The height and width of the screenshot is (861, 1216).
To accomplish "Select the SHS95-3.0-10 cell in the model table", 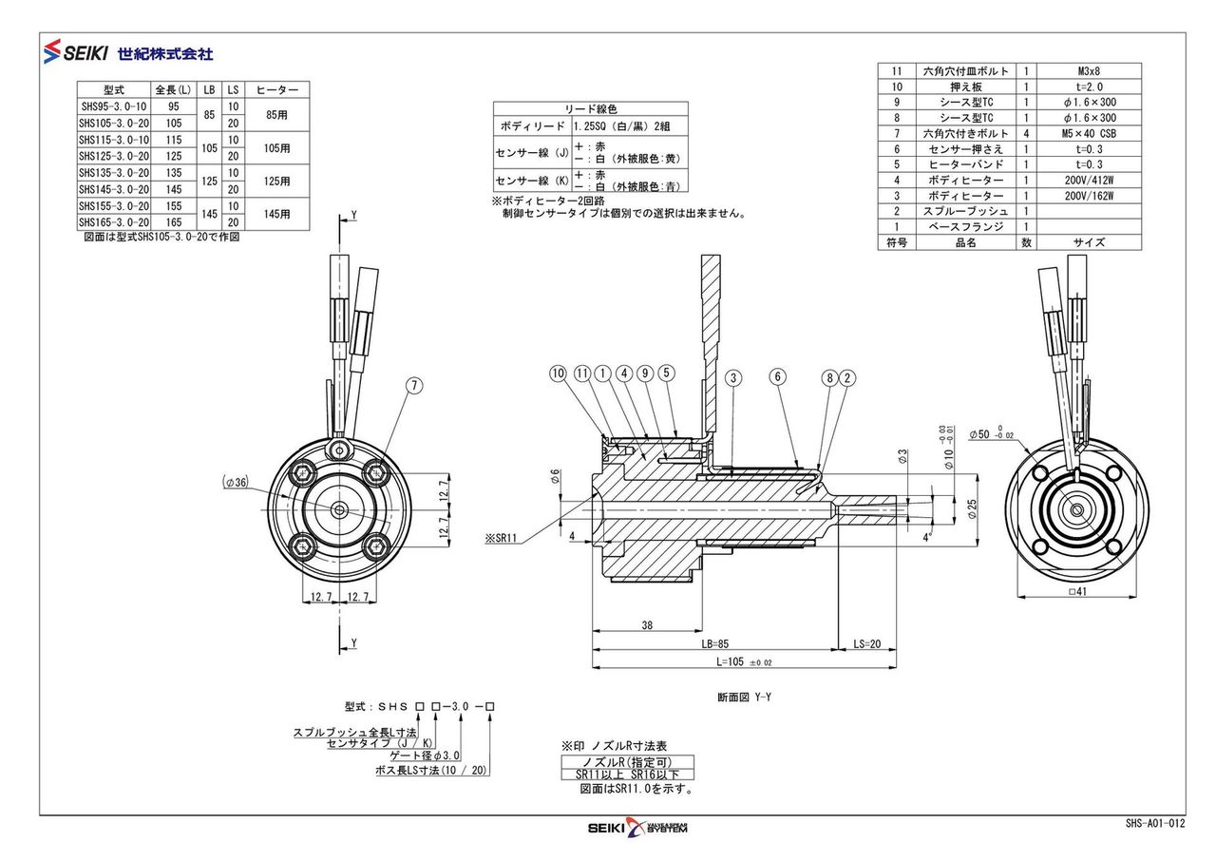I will (x=114, y=106).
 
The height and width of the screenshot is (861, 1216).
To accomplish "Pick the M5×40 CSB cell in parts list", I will (x=1090, y=133).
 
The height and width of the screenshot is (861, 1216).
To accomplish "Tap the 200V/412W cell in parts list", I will (x=1090, y=180).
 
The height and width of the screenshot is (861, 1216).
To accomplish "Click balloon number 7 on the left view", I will (x=414, y=385).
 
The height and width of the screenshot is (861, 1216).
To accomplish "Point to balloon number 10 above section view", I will (x=557, y=373).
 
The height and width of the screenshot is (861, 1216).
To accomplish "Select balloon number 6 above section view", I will (x=777, y=377).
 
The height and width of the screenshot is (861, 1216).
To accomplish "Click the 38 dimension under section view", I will (x=646, y=626).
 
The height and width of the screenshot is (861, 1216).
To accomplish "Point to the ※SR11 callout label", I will (x=500, y=538).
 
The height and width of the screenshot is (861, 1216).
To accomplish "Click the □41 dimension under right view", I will (x=1076, y=591).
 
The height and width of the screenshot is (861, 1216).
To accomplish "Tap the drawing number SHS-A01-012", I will (x=1155, y=824).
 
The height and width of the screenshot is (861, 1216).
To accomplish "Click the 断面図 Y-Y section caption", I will (x=745, y=697).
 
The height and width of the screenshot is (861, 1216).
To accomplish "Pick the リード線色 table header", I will (x=591, y=109).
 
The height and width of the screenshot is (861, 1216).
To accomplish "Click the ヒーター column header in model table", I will (x=277, y=89).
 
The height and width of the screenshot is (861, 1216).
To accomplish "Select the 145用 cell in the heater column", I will (x=277, y=214).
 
